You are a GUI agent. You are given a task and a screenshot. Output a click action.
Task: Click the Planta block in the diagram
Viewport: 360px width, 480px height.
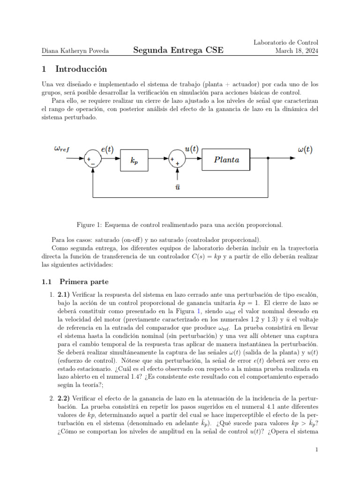point(226,160)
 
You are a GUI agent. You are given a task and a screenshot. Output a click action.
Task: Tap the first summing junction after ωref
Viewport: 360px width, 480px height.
point(94,159)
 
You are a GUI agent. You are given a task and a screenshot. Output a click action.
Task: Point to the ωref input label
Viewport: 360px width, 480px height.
point(61,149)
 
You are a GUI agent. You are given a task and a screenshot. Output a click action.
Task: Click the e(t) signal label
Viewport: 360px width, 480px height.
point(107,150)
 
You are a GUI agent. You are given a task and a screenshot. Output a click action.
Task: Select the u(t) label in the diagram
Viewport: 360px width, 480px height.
point(191,149)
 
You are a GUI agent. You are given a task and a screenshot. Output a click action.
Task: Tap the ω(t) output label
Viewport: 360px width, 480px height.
point(305,150)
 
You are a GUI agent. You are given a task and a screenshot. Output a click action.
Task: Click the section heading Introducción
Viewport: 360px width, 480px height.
point(81,69)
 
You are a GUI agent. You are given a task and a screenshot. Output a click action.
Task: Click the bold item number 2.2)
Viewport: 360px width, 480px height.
point(65,397)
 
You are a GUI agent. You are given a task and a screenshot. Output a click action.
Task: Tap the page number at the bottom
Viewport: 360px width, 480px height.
point(317,450)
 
